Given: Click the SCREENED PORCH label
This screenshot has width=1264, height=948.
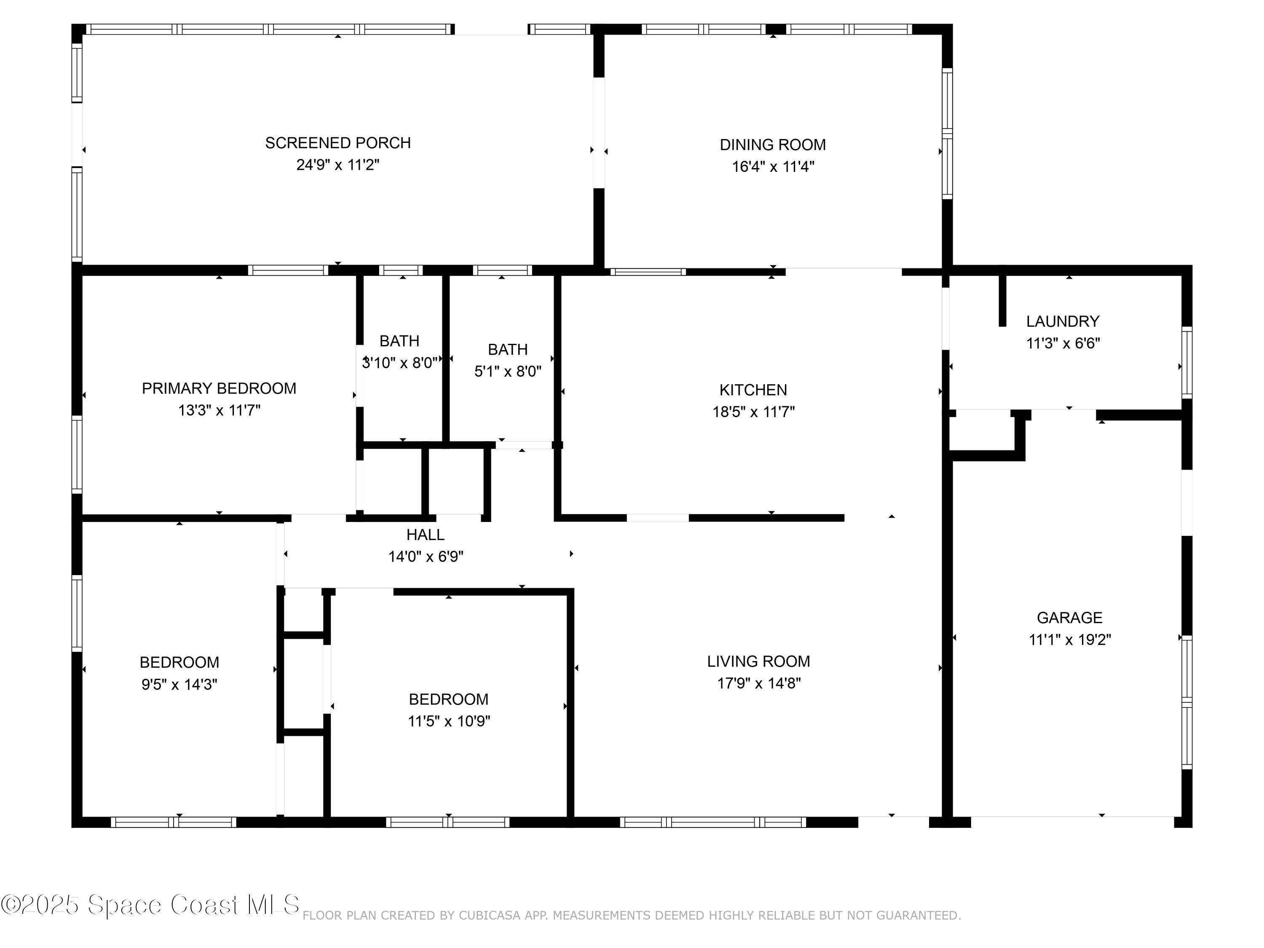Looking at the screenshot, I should [338, 143].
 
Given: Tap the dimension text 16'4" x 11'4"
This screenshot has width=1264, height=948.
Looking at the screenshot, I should [773, 167].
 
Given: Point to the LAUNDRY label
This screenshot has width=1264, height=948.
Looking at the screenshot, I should [1062, 321].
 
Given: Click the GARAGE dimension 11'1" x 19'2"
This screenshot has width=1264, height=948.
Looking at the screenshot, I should [1069, 640].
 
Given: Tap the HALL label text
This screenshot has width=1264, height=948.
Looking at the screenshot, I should [425, 535].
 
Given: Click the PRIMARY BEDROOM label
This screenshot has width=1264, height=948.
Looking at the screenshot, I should [219, 388].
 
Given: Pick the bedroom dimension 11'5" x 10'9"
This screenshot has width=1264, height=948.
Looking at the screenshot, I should [449, 721].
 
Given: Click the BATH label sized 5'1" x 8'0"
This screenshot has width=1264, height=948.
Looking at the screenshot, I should [507, 350].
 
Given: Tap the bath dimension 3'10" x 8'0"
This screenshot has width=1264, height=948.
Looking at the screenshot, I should [400, 363].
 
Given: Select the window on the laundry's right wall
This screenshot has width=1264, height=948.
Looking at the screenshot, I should [1186, 362].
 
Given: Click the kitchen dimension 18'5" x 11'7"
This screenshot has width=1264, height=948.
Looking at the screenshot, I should [753, 412].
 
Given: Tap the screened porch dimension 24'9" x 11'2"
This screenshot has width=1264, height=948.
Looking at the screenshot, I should [338, 165].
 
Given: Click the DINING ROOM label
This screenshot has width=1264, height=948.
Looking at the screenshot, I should [773, 145].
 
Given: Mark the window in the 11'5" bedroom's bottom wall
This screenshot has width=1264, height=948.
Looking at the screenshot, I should [447, 822].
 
